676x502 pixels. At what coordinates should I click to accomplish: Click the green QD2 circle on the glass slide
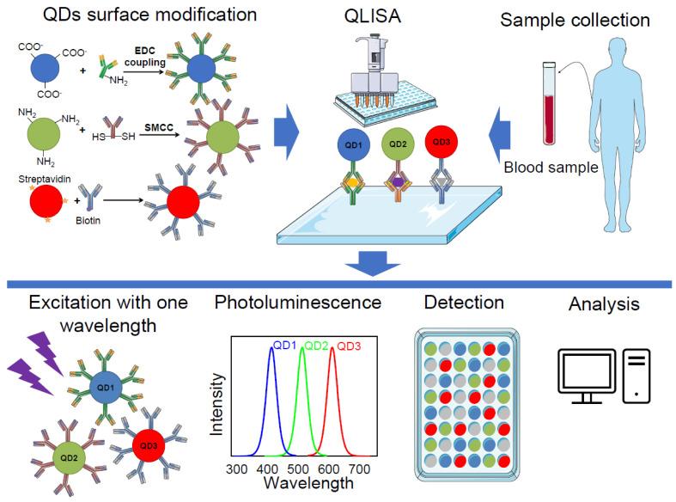coord(397,144)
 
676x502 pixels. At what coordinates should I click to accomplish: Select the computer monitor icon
coord(587,375)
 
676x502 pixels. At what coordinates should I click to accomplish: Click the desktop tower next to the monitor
coord(637,375)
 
